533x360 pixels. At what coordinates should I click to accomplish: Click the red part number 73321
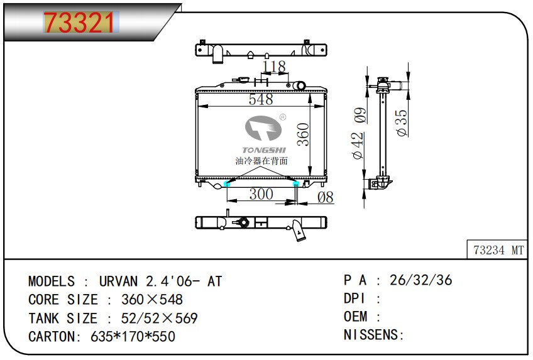coord(80,23)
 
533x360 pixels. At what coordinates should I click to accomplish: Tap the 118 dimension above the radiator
coord(275,67)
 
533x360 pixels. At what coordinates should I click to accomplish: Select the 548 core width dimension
coord(261,99)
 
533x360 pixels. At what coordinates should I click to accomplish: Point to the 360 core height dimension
coord(303,134)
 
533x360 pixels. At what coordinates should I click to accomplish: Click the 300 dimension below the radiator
coord(261,194)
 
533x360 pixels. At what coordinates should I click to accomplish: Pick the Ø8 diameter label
coord(326,197)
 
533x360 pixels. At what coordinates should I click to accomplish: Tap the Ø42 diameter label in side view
coord(358,146)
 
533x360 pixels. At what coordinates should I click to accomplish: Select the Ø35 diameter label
coord(402,123)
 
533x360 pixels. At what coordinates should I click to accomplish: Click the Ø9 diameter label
coord(360,115)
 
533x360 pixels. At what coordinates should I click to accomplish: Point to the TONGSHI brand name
coord(264,150)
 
